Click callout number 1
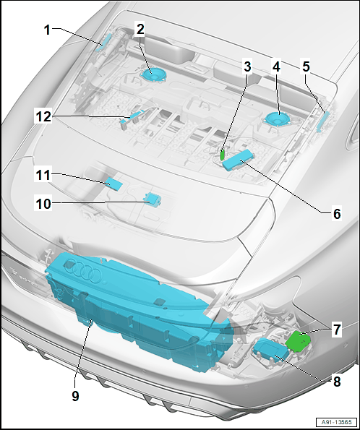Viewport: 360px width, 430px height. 48,30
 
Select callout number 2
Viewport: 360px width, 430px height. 140,29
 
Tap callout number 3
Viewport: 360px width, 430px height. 247,66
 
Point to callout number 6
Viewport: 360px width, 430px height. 337,214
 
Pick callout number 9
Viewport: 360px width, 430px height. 75,396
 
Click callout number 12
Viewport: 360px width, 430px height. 43,117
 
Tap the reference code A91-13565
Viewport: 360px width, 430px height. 336,422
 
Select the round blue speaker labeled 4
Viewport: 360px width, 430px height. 275,119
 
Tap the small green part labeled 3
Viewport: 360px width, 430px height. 222,155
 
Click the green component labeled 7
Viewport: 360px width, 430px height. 298,341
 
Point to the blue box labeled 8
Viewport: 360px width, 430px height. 271,350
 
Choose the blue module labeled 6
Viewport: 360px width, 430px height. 238,160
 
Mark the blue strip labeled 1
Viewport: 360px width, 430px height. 103,42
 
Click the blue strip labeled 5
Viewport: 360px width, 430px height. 322,122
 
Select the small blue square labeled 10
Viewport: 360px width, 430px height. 153,199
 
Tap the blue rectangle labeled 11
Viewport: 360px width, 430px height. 114,183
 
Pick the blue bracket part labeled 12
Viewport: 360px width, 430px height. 132,118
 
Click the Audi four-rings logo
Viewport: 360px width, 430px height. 83,270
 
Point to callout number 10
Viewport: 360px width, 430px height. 43,204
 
